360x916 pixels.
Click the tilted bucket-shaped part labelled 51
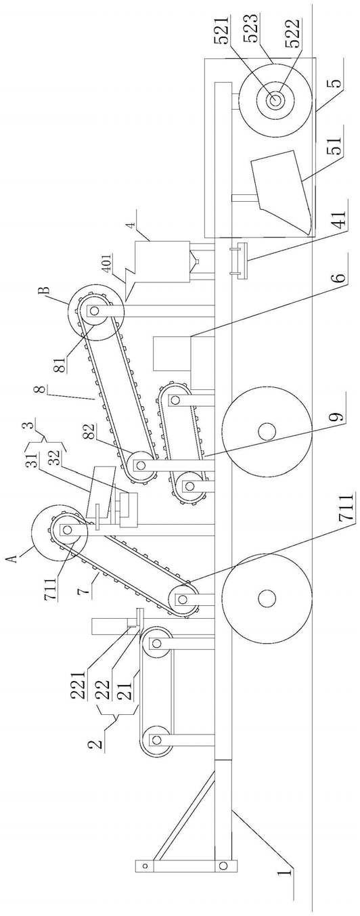(x=282, y=192)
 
